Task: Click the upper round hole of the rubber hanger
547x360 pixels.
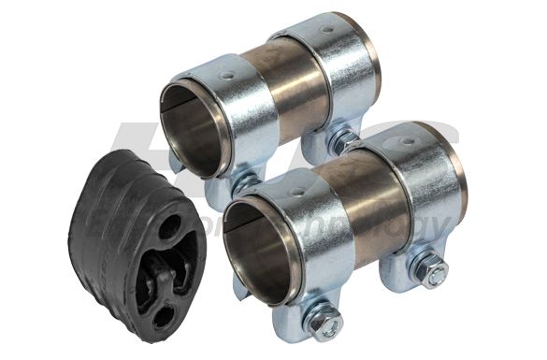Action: point(169,227)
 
